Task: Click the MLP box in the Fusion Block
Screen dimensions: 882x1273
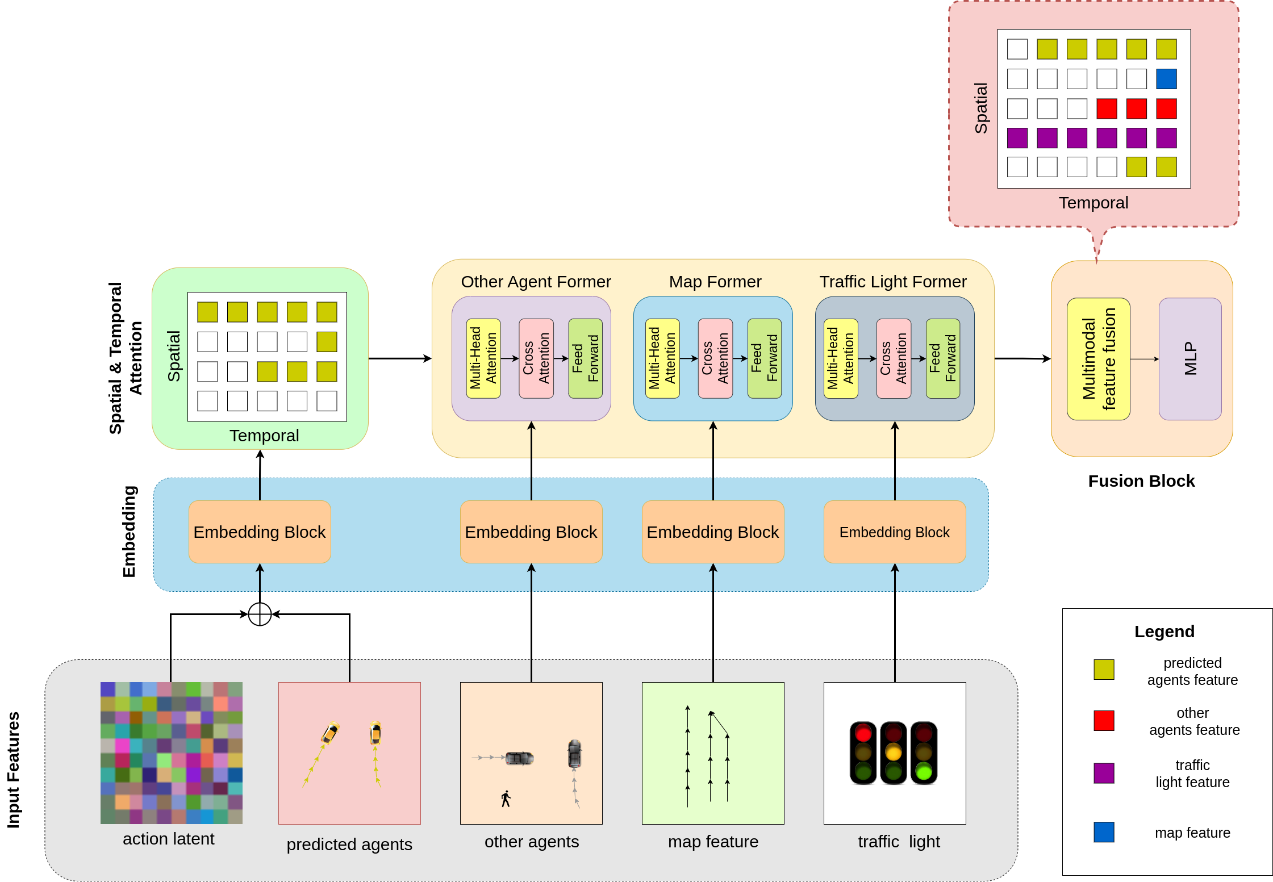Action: (1189, 359)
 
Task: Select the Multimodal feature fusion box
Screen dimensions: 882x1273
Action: (1098, 359)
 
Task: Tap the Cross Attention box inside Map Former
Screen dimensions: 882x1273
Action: (715, 358)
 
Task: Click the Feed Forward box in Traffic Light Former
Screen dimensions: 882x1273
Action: (942, 358)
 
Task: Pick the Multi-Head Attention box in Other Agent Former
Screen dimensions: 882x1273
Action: (483, 358)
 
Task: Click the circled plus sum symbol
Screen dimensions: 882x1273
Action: (260, 614)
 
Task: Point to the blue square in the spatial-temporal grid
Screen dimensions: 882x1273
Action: (1166, 79)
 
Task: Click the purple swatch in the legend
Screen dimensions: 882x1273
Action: (1103, 773)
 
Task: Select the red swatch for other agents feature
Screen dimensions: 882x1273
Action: (1103, 720)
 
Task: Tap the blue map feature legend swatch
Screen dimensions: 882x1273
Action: (1103, 832)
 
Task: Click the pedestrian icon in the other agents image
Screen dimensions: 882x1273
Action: (506, 799)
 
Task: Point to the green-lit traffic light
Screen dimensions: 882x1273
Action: (924, 753)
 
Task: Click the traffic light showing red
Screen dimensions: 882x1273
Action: (863, 753)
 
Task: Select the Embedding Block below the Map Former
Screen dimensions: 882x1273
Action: (712, 532)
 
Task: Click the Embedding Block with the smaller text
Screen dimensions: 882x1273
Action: (894, 532)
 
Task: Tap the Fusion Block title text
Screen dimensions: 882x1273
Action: (1141, 481)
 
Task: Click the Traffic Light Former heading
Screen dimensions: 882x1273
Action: (892, 282)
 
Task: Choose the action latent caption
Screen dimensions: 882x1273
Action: (168, 839)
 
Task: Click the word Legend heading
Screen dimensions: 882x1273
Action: (1164, 632)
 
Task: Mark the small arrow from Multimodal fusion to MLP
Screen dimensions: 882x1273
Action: (1144, 359)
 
